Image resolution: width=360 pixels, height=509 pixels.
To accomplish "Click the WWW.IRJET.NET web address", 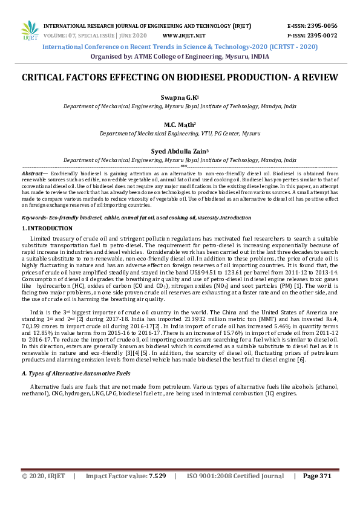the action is coord(184,36).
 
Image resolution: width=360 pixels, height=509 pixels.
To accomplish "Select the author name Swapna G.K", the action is coord(178,97).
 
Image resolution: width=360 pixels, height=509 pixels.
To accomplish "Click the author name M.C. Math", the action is coord(178,125).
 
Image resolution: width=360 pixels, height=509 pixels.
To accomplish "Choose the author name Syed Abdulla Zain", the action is coord(178,152).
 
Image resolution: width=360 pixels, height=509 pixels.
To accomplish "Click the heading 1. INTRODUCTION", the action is coord(47,228).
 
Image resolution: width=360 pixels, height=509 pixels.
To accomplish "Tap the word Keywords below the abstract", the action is coord(34,216).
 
